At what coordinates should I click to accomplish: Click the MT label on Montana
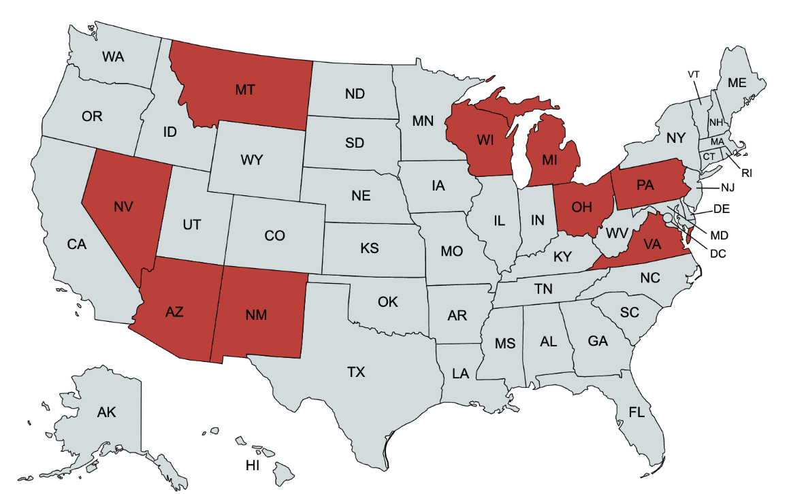coord(245,90)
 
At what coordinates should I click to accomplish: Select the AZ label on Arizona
coord(174,312)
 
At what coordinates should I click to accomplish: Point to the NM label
coord(256,314)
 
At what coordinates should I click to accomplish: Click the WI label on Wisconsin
coord(485,141)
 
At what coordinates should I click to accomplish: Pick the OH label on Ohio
coord(581,208)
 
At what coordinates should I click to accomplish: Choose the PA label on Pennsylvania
coord(645,185)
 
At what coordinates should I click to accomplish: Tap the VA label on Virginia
coord(652,245)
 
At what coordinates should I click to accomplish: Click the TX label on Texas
coord(356,372)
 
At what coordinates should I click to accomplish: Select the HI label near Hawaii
coord(253,466)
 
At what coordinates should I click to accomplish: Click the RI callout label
coord(747,173)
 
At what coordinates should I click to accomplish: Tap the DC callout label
coord(717,254)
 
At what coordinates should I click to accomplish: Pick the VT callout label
coord(694,73)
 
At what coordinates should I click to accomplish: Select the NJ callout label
coord(728,187)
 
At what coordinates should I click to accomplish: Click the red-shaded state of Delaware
coord(689,235)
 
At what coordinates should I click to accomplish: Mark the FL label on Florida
coord(636,413)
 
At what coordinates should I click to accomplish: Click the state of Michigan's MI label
coord(550,161)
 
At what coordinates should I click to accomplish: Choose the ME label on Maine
coord(737,83)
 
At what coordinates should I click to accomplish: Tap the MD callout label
coord(720,235)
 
